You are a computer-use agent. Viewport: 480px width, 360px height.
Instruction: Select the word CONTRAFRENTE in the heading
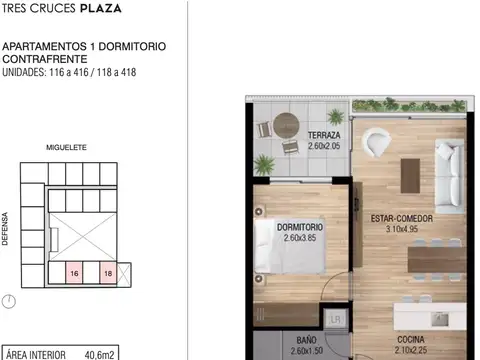[x=39, y=60]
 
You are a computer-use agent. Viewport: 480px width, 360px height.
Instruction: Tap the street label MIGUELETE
[x=66, y=147]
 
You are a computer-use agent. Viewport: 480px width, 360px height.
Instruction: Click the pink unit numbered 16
[x=75, y=272]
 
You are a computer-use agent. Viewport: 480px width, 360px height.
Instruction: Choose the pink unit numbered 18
[x=107, y=272]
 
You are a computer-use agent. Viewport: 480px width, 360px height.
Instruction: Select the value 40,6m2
[x=100, y=353]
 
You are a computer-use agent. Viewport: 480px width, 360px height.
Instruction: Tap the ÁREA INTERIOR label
[x=36, y=353]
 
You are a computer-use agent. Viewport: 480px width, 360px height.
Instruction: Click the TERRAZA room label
[x=324, y=135]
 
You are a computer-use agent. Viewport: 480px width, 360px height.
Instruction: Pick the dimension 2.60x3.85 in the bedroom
[x=299, y=239]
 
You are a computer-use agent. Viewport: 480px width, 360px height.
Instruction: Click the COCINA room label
[x=409, y=339]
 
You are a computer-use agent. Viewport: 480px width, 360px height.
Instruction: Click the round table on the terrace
[x=284, y=126]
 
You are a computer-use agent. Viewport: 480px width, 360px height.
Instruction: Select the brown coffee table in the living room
[x=409, y=176]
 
